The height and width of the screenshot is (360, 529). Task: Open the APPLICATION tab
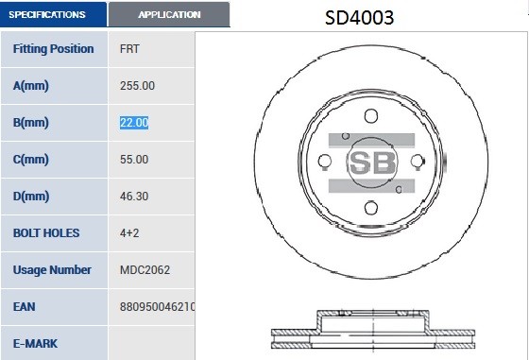(169, 14)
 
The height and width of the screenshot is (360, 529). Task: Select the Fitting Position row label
(53, 48)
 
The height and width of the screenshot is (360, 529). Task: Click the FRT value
(132, 48)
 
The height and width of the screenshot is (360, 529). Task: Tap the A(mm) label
(31, 85)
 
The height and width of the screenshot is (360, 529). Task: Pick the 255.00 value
(137, 85)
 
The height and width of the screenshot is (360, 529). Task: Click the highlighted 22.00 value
(134, 122)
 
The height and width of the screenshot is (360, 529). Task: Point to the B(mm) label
(31, 122)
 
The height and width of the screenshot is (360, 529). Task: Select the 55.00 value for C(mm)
(134, 159)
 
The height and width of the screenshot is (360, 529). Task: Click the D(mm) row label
(31, 196)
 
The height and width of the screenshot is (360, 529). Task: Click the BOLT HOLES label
(46, 232)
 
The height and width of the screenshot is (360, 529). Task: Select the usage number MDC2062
(145, 269)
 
